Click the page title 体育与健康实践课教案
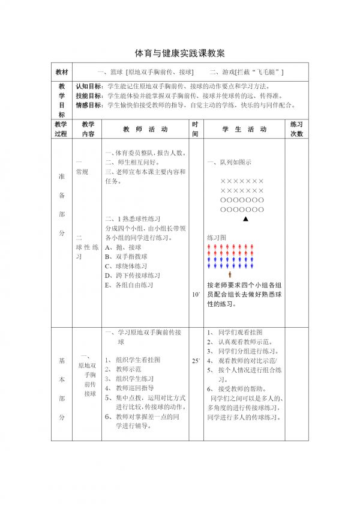click(180, 53)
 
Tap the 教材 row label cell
click(62, 72)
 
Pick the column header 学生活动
click(244, 129)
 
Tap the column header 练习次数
click(296, 129)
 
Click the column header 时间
click(195, 129)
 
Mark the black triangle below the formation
click(245, 219)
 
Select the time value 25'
click(196, 361)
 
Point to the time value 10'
click(196, 295)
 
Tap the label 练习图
click(217, 238)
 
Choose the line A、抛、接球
click(123, 247)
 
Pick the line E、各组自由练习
click(129, 285)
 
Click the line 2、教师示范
click(124, 369)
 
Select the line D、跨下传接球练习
click(133, 276)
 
